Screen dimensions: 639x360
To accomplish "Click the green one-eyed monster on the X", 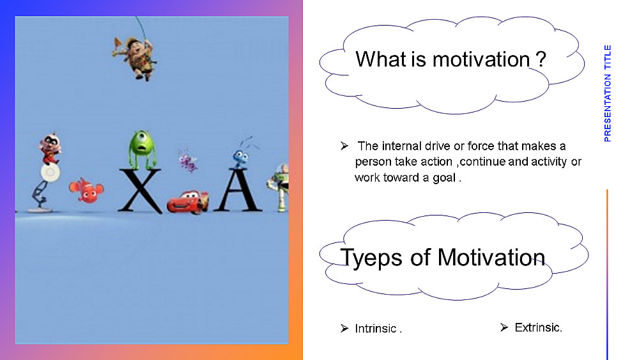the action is pyautogui.click(x=142, y=150).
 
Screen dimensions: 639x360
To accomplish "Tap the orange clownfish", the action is pyautogui.click(x=86, y=191).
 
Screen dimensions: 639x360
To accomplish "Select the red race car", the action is pyautogui.click(x=188, y=201).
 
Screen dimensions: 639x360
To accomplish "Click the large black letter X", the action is pyautogui.click(x=140, y=191).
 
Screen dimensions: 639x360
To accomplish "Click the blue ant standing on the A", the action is pyautogui.click(x=241, y=154).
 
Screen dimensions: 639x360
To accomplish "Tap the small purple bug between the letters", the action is pyautogui.click(x=188, y=160).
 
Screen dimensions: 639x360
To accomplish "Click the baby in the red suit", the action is pyautogui.click(x=50, y=148).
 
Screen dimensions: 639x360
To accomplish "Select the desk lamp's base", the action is pyautogui.click(x=40, y=210).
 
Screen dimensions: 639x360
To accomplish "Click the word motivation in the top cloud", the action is pyautogui.click(x=481, y=59).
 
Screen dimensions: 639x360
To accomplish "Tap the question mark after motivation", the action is pyautogui.click(x=541, y=59).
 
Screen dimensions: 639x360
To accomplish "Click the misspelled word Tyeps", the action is pyautogui.click(x=371, y=258).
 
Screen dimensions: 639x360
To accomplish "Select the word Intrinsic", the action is pyautogui.click(x=375, y=329).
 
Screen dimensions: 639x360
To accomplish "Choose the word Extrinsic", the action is pyautogui.click(x=538, y=327).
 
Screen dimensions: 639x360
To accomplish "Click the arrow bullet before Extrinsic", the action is pyautogui.click(x=504, y=327).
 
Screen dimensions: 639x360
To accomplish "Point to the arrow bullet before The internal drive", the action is pyautogui.click(x=344, y=146).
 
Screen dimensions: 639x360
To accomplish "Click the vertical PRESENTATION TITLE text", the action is pyautogui.click(x=608, y=93).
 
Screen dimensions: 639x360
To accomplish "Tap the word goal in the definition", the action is pyautogui.click(x=444, y=178).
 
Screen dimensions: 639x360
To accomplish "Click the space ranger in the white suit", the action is pyautogui.click(x=279, y=187).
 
